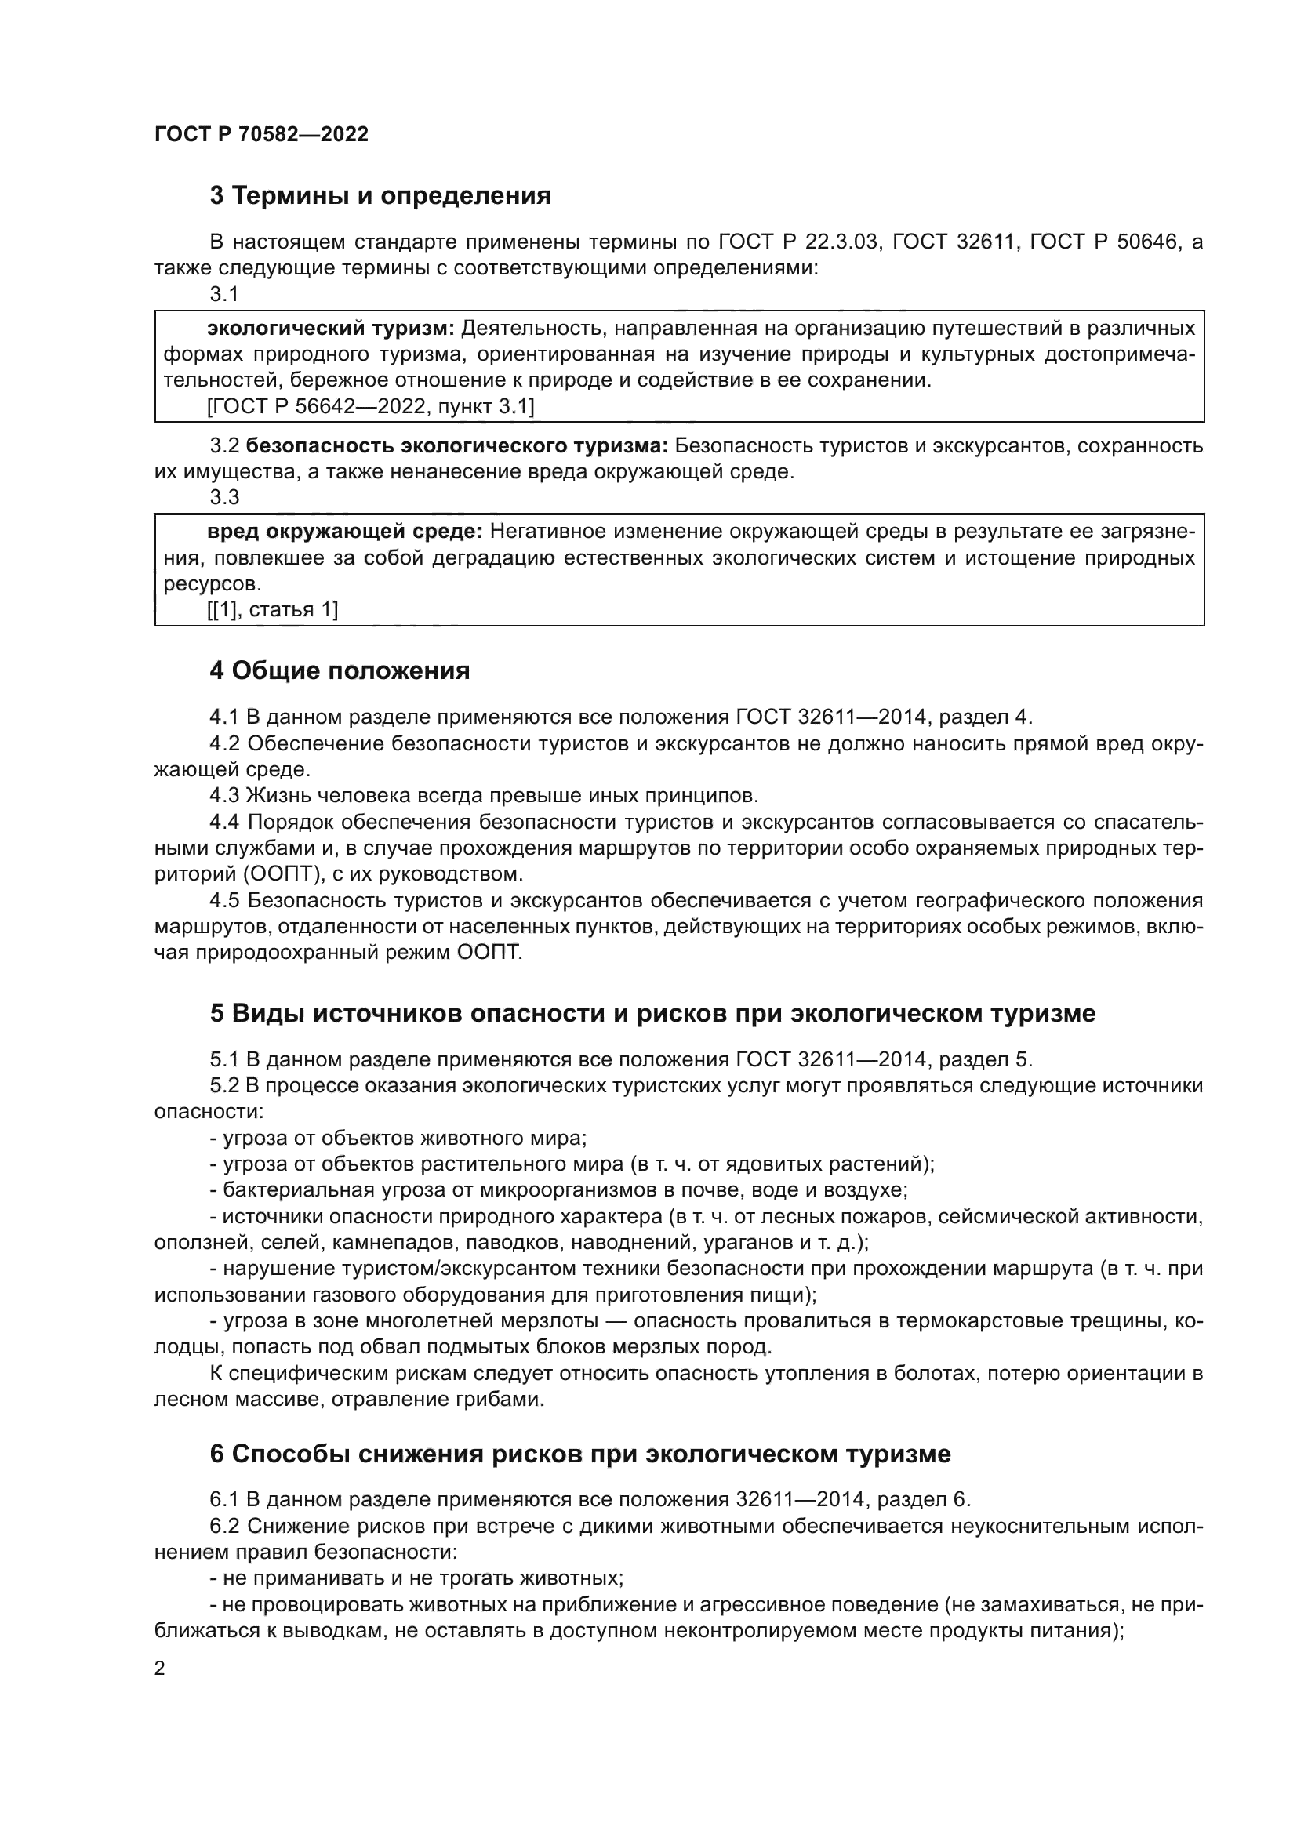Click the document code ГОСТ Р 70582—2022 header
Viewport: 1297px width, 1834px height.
(261, 134)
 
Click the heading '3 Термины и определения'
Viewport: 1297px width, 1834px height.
(380, 195)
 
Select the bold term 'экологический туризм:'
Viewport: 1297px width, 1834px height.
(331, 329)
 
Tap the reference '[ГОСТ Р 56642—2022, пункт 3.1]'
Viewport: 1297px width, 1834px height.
(371, 407)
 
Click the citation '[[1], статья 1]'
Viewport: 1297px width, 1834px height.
(273, 609)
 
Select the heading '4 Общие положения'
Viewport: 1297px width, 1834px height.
(340, 670)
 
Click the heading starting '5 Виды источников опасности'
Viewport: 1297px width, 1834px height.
(652, 1013)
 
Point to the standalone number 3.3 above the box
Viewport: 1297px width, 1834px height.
(224, 497)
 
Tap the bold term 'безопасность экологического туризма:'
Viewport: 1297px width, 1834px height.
(457, 445)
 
